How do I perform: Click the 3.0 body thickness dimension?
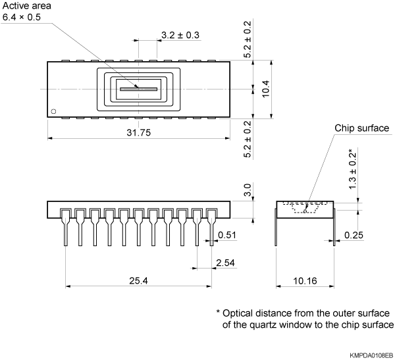tap(248, 191)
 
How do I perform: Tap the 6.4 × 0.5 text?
tap(23, 18)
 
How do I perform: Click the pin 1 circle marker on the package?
tap(55, 110)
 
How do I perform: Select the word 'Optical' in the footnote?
tap(238, 313)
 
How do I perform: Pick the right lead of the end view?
tap(334, 227)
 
